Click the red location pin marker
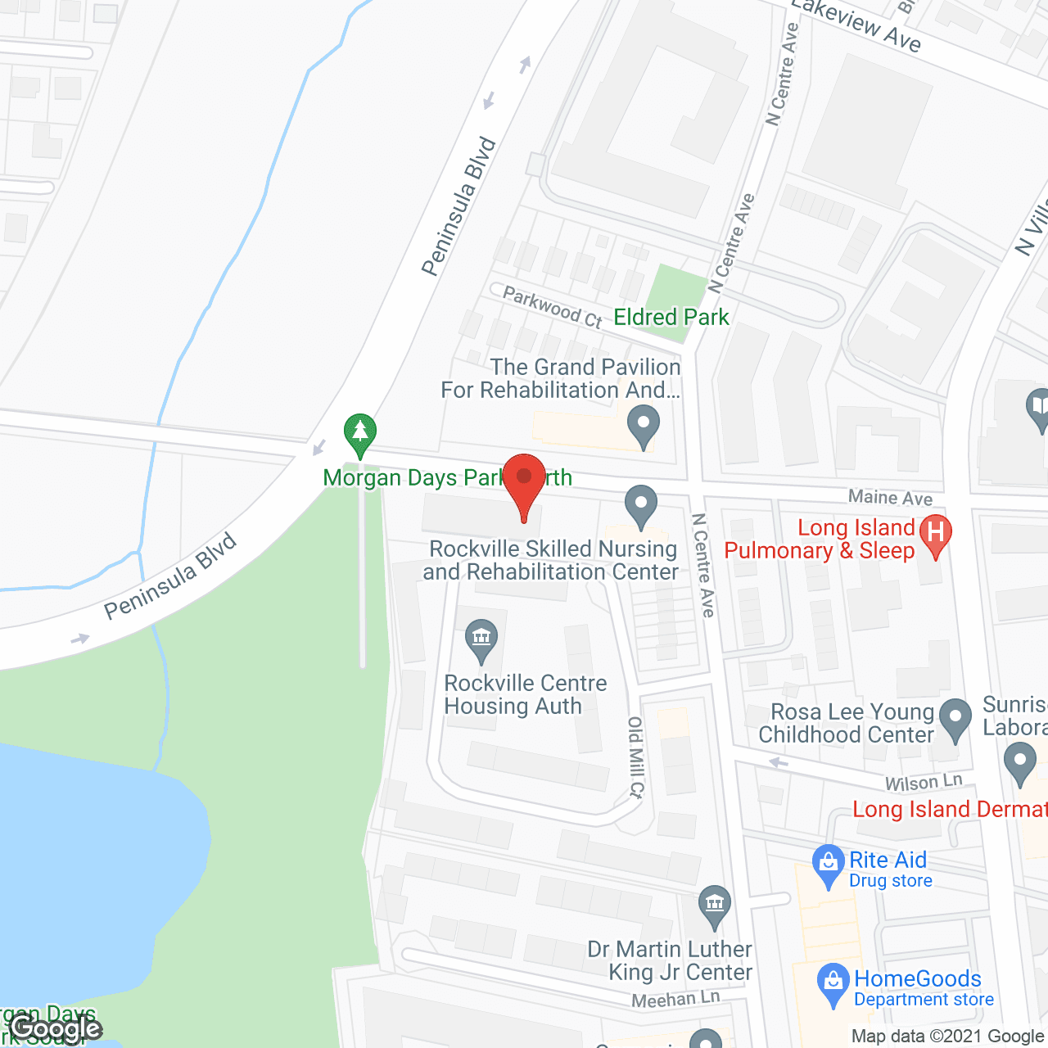(x=524, y=481)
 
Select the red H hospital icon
(x=935, y=533)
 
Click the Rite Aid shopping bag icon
(x=828, y=864)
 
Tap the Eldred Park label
(x=671, y=318)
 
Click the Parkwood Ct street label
(x=552, y=306)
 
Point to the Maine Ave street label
(x=890, y=497)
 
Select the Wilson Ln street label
(x=924, y=782)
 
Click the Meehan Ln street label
(x=675, y=999)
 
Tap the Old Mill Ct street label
(x=636, y=757)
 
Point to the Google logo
(x=56, y=1028)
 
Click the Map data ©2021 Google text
(x=947, y=1037)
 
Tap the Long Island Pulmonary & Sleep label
(x=819, y=539)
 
